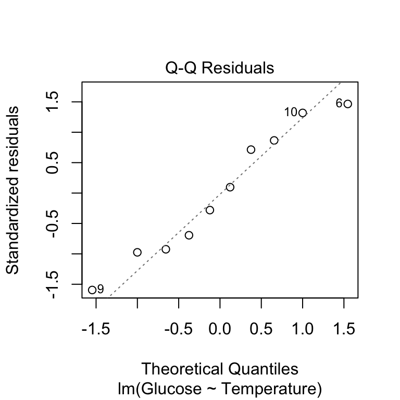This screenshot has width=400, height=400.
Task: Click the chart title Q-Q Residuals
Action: (x=219, y=68)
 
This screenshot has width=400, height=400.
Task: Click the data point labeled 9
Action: (x=92, y=290)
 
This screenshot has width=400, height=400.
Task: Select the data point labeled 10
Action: (x=303, y=113)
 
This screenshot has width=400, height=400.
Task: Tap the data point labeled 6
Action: (x=348, y=104)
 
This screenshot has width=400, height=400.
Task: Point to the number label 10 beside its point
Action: (x=291, y=113)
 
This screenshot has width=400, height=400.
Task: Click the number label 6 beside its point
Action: (x=339, y=103)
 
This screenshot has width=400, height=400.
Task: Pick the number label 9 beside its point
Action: (x=101, y=289)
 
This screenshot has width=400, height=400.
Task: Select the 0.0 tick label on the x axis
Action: (x=220, y=329)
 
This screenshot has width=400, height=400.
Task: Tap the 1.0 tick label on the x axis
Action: (x=303, y=329)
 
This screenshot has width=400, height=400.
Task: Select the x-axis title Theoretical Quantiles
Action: (x=220, y=369)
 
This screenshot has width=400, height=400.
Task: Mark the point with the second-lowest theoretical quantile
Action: (x=137, y=252)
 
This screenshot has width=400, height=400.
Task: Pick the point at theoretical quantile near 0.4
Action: (x=251, y=149)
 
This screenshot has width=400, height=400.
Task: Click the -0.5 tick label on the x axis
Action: (x=179, y=329)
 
